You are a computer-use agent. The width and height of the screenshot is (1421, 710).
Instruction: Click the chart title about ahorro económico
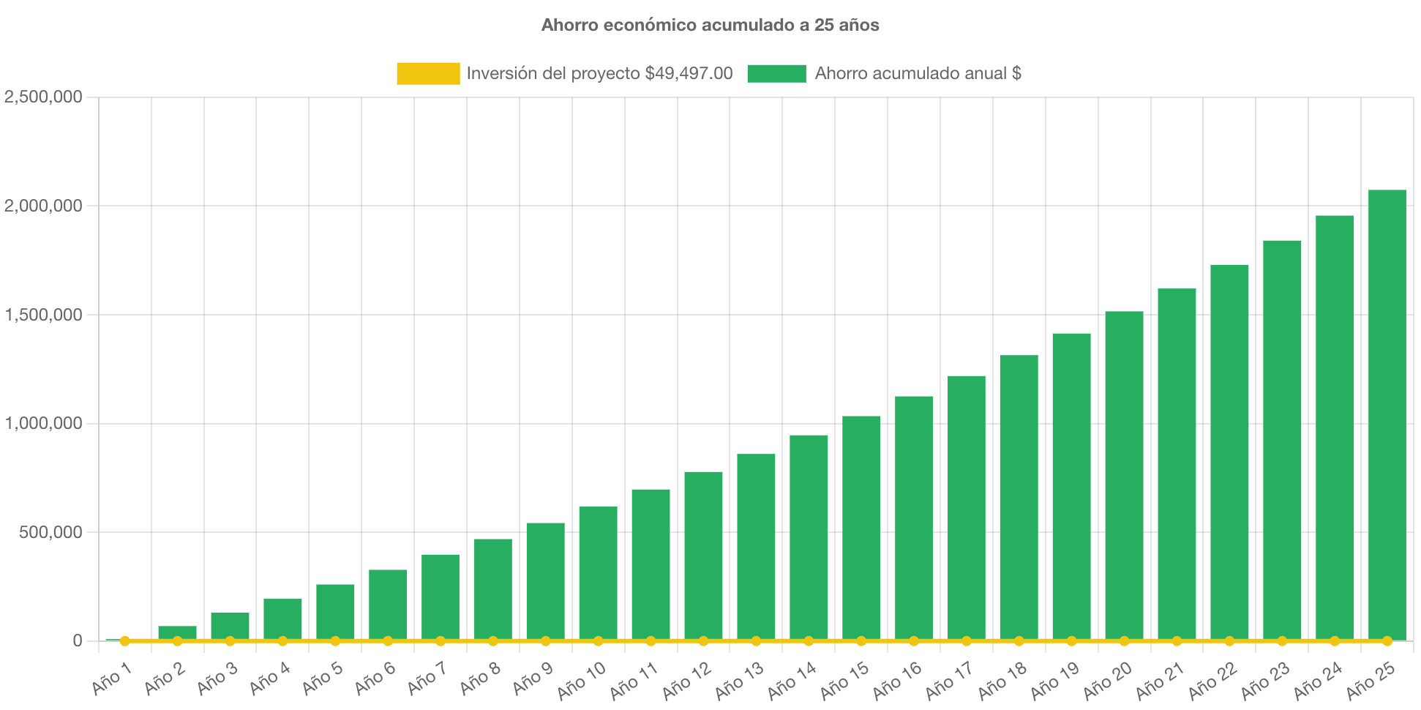coord(710,25)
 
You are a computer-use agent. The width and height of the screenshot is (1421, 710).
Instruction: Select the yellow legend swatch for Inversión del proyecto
coord(428,73)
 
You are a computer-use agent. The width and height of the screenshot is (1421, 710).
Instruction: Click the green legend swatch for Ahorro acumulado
coord(776,73)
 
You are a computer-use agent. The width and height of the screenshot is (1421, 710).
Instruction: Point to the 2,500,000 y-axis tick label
coord(43,97)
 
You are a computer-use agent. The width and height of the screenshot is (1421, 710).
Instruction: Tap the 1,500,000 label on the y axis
coord(43,315)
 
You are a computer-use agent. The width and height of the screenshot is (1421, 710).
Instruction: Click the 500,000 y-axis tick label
coord(50,532)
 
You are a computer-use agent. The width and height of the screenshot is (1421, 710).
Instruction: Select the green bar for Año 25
coord(1387,414)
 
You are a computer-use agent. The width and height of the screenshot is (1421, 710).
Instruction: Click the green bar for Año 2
coord(177,632)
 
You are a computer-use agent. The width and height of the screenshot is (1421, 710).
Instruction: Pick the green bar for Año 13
coord(756,545)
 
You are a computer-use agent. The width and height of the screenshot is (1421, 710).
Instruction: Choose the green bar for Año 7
coord(440,596)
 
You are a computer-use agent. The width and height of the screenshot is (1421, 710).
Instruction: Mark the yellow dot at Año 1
coord(125,641)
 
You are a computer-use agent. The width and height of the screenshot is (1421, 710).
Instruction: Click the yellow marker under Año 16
coord(914,641)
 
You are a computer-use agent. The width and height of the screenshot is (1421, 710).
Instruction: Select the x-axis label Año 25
coord(1371,680)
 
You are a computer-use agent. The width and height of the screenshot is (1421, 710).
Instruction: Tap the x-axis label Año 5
coord(323,679)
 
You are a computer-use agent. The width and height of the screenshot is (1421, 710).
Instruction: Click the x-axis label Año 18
coord(1002,680)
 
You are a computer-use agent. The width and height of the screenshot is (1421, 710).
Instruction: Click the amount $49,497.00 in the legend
coord(689,73)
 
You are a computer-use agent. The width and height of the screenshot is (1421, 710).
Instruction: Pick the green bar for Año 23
coord(1282,439)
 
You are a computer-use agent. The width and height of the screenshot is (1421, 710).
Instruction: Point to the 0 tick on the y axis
coord(77,641)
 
